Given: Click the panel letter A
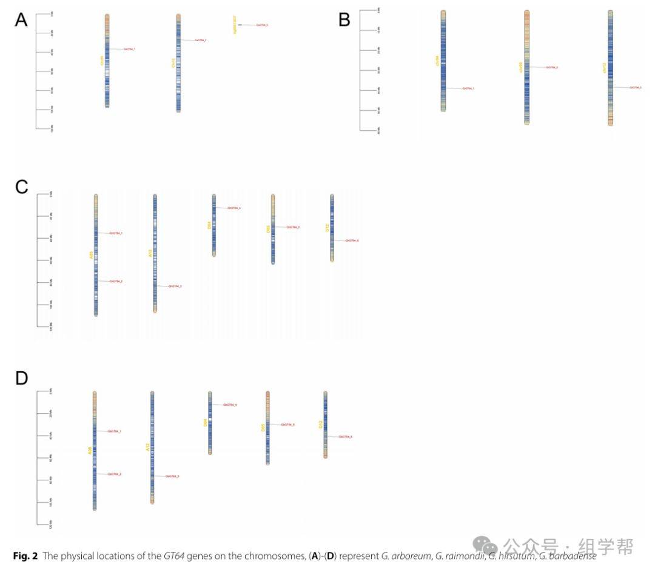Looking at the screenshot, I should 21,20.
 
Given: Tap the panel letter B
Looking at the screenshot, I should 344,20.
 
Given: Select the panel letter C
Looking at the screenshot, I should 22,187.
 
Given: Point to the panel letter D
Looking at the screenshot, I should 22,379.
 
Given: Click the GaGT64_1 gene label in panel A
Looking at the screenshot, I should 129,49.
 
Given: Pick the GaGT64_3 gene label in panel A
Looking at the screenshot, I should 262,25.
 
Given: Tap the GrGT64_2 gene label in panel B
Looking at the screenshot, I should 551,67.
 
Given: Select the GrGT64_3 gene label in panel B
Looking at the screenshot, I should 636,88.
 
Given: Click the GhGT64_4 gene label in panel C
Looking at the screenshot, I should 234,208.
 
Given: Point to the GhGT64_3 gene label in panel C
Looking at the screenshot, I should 175,286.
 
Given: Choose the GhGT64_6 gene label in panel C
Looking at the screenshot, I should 352,240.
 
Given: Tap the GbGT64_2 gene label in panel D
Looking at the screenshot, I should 115,474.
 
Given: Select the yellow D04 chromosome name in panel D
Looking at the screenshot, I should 205,423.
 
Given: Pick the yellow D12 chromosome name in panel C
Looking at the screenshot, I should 327,228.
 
